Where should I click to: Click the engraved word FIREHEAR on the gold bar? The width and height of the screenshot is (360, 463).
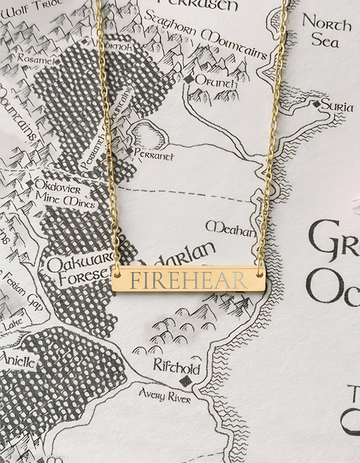click(x=188, y=279)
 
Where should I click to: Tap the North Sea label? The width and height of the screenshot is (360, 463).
click(x=326, y=31)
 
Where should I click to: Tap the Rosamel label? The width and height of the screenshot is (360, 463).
click(x=36, y=59)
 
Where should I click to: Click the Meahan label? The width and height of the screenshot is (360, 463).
click(x=231, y=228)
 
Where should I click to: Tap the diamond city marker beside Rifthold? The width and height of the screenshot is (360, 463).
click(x=185, y=381)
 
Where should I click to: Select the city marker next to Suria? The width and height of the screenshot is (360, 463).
click(x=315, y=105)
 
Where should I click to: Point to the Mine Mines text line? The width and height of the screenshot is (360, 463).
click(x=61, y=201)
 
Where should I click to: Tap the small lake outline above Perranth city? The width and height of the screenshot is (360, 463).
click(x=149, y=135)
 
